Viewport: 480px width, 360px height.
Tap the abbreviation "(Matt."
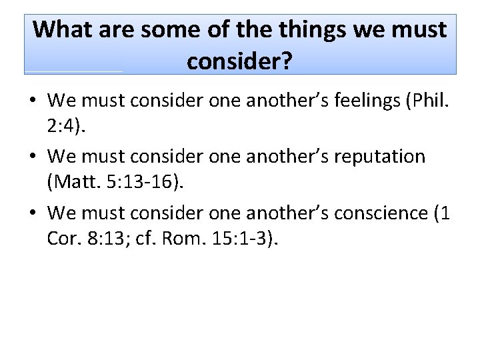pos(75,182)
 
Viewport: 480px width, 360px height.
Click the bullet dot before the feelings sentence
pos(31,102)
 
